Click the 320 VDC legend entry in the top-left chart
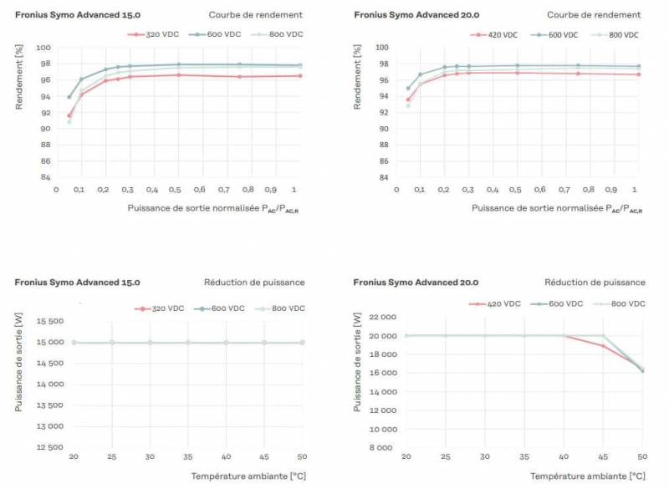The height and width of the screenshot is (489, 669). tap(154, 34)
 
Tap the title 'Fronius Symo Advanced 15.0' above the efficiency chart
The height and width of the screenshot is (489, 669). tap(78, 15)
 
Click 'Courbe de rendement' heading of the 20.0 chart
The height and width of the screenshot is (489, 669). tap(594, 15)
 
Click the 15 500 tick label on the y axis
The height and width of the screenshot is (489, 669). tap(42, 321)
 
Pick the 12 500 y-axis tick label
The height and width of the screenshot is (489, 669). tap(42, 447)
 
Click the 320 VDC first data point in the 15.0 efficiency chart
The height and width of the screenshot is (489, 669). tap(69, 115)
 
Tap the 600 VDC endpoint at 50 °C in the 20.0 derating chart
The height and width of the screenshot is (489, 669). tap(642, 370)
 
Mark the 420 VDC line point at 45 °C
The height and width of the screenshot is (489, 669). tap(603, 345)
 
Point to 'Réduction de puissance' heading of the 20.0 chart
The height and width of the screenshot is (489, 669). tap(595, 283)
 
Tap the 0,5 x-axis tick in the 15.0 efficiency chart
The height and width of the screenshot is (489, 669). tap(177, 190)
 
